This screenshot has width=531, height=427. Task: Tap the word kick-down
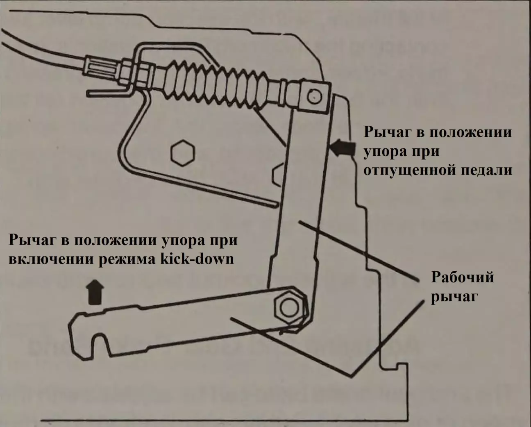(x=206, y=259)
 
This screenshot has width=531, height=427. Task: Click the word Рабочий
(x=462, y=277)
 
